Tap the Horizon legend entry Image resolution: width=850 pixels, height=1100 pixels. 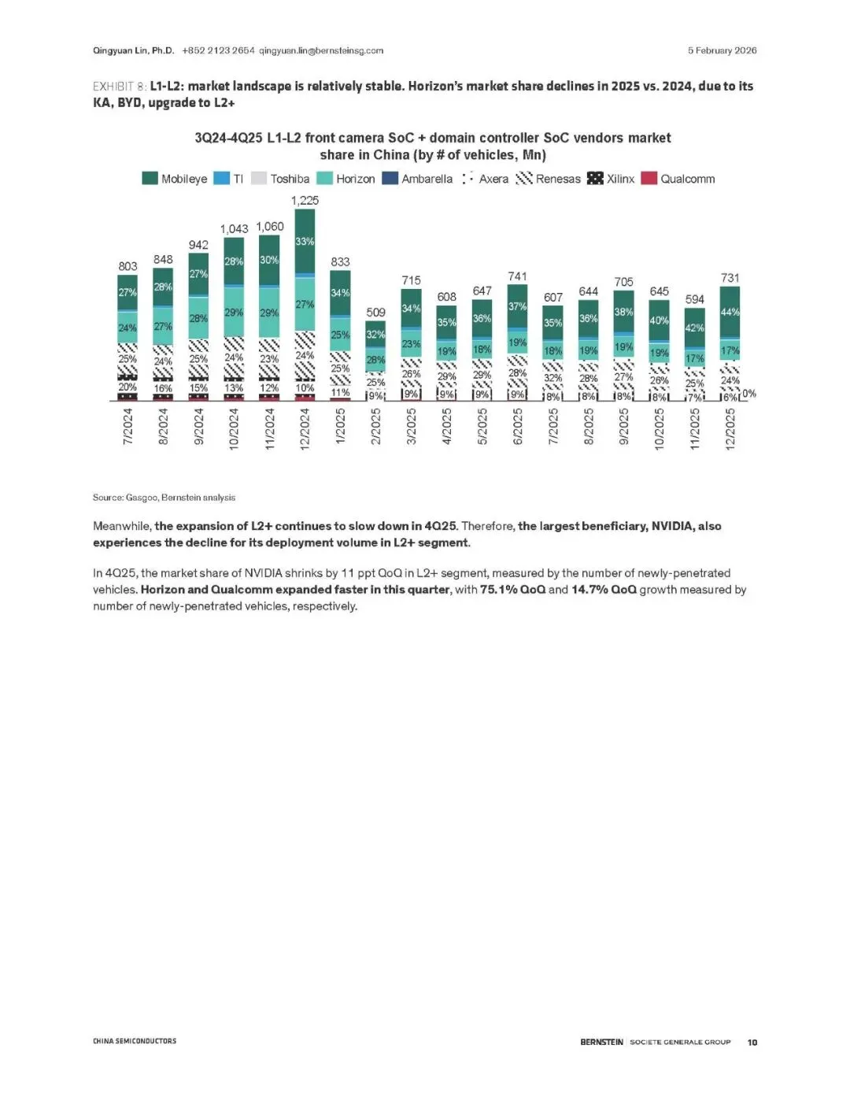(346, 179)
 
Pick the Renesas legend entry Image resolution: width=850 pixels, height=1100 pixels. (549, 179)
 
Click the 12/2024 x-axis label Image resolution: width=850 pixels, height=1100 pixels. (305, 428)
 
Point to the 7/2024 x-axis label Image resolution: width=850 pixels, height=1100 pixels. (128, 428)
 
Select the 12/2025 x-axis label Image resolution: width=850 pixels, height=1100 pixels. (730, 428)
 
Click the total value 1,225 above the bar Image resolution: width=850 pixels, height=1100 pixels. (305, 201)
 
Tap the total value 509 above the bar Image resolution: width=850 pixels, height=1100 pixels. (375, 313)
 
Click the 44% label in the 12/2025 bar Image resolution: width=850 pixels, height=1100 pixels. (730, 313)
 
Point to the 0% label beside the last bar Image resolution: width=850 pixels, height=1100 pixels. (749, 394)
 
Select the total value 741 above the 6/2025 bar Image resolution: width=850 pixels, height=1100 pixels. (517, 276)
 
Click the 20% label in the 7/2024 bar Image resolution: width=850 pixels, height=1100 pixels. (128, 387)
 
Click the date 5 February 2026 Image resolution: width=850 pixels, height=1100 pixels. (722, 50)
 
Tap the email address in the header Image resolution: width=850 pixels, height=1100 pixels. (321, 50)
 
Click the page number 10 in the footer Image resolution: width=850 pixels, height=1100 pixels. (752, 1042)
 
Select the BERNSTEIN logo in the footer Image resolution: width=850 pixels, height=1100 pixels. (601, 1042)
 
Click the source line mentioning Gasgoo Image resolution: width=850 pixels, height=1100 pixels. (164, 497)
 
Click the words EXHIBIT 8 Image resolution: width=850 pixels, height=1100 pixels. (119, 86)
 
